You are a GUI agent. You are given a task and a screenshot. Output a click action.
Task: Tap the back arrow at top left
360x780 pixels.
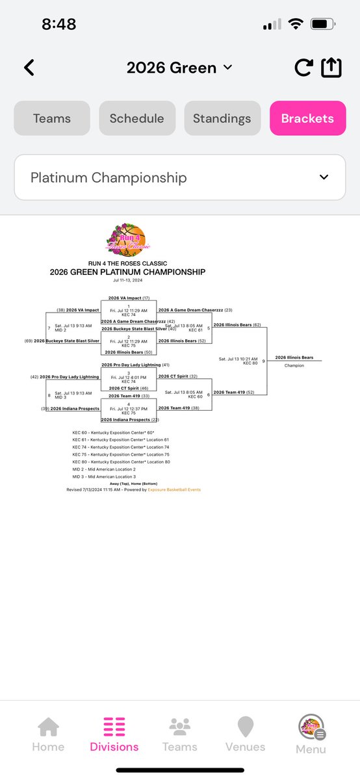(29, 68)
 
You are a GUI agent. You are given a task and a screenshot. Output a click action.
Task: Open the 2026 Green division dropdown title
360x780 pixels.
(179, 68)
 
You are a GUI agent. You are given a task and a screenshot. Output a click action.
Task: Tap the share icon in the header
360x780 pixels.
(331, 68)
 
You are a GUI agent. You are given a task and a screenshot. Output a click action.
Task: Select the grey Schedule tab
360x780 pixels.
(137, 118)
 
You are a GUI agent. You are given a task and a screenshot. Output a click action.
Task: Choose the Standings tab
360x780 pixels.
(222, 118)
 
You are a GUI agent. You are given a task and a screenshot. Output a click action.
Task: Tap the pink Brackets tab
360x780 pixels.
(307, 118)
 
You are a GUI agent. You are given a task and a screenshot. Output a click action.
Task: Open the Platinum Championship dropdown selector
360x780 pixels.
(179, 177)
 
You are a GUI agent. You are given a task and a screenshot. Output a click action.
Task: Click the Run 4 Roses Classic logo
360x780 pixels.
(128, 240)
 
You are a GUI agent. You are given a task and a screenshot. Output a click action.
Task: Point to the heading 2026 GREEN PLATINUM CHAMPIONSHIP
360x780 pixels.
(127, 272)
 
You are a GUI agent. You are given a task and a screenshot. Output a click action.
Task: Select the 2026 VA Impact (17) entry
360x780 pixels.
(129, 298)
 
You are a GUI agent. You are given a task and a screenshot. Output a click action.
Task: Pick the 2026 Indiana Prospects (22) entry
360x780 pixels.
(129, 420)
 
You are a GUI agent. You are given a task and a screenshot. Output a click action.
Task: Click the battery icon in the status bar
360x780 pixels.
(322, 25)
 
